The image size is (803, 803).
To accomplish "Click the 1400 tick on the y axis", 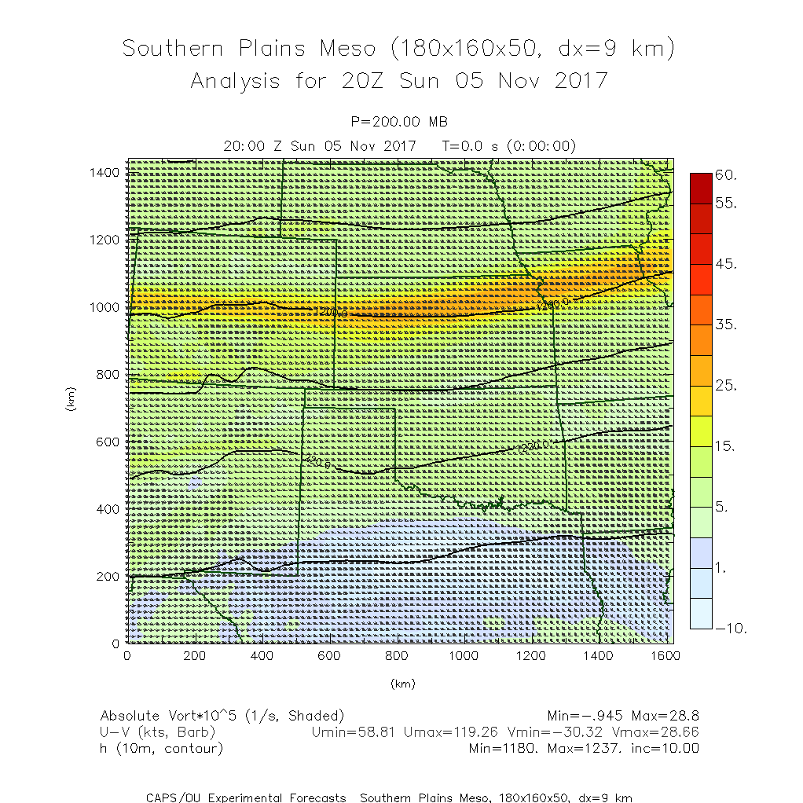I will coord(104,172).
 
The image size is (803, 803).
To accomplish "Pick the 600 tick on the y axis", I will coord(108,442).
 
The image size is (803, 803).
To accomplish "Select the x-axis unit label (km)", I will coord(402,684).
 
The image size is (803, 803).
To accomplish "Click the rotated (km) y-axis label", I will coord(71,401).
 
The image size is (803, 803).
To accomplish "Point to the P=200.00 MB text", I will coord(401,121).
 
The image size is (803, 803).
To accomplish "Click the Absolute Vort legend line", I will coord(222,716).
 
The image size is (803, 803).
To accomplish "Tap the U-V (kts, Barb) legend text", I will coord(158,732).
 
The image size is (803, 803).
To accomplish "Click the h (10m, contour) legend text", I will coord(162,749).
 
